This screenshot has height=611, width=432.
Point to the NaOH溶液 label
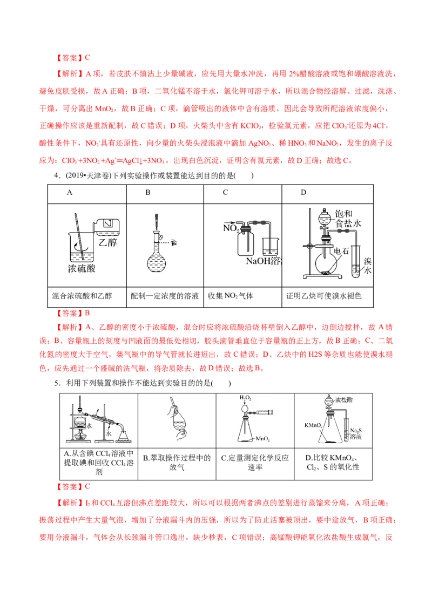pos(264,261)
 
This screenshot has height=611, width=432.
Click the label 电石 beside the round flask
pos(342,251)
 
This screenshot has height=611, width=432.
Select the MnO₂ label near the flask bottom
pos(264,438)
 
